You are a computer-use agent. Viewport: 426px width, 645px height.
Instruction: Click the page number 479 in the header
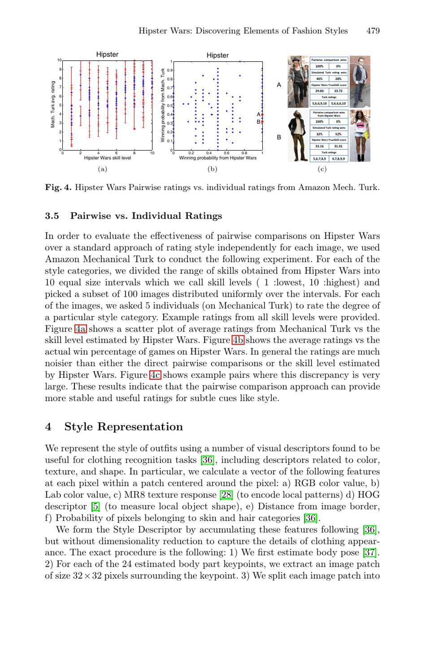[373, 31]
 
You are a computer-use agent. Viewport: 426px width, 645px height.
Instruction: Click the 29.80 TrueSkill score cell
[319, 91]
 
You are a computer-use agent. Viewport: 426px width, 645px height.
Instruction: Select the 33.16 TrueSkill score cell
[319, 146]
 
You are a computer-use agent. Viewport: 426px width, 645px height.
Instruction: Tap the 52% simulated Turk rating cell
[338, 134]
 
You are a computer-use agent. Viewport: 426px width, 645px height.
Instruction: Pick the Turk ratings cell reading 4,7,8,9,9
[338, 159]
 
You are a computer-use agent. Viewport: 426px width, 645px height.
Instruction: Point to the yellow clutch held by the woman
[367, 134]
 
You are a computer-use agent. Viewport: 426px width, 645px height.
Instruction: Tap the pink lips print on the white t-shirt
[360, 125]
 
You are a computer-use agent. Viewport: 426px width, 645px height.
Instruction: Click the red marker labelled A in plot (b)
[262, 115]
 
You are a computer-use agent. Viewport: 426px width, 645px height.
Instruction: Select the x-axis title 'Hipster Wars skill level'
[108, 158]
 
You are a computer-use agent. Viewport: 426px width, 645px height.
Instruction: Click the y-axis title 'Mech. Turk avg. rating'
[53, 104]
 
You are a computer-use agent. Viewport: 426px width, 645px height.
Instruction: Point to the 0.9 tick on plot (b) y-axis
[170, 70]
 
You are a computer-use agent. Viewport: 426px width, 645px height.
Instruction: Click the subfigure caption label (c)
[322, 169]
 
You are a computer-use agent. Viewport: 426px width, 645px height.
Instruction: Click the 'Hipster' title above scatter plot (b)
[217, 55]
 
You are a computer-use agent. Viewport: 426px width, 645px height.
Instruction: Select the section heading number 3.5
[52, 216]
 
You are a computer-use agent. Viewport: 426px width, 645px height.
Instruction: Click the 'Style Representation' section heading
[123, 427]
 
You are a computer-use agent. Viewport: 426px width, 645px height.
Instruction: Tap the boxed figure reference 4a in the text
[80, 329]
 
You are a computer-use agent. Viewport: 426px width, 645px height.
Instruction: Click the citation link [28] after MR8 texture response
[226, 495]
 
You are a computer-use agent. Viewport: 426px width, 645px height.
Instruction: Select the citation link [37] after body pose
[369, 553]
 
